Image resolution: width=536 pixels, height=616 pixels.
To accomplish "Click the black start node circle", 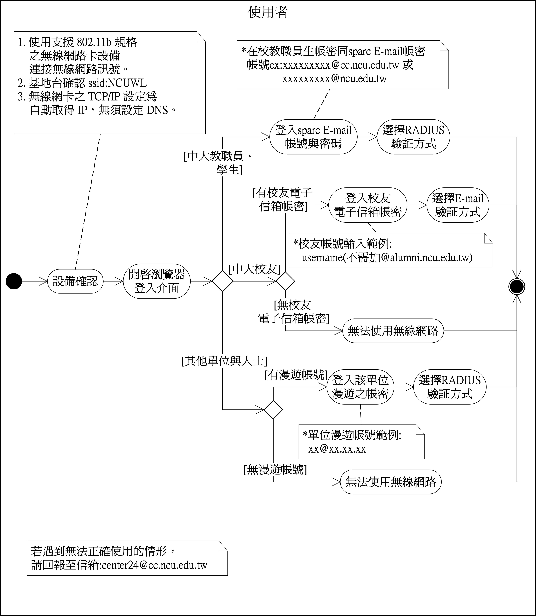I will (14, 281).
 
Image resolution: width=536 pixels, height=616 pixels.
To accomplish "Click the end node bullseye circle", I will (517, 287).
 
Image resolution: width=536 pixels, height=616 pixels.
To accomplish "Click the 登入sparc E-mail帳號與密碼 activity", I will (313, 137).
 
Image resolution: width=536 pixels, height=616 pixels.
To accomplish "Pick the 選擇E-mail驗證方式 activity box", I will (458, 205).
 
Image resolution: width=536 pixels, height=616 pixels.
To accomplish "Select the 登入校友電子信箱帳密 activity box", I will (368, 205).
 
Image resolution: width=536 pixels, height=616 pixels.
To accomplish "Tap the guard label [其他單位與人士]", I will (224, 361).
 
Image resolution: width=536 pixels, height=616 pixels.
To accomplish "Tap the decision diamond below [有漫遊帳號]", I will (273, 409).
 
